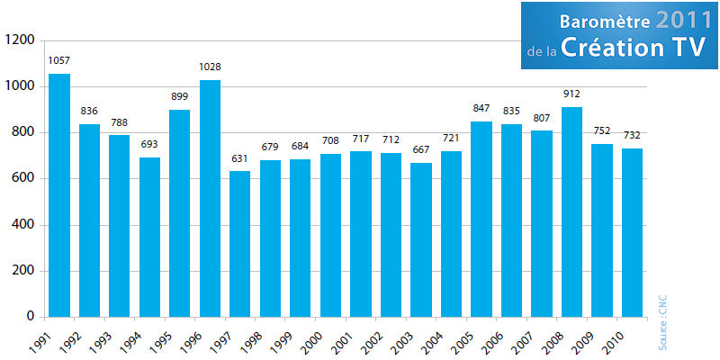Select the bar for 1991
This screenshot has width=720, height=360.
pos(59,195)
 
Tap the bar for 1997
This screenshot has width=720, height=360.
pos(239,244)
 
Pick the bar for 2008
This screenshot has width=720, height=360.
pos(571,211)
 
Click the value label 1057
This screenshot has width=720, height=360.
pos(59,60)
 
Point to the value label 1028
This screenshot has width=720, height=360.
pos(210,67)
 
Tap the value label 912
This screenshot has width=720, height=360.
pos(571,94)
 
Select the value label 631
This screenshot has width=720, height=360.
pos(239,158)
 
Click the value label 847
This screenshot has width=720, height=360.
pos(481,109)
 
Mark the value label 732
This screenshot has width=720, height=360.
pos(632,135)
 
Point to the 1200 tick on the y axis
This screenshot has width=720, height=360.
pos(19,40)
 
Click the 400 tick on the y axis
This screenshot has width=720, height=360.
pos(22,225)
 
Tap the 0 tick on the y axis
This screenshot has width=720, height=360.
pos(30,317)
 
